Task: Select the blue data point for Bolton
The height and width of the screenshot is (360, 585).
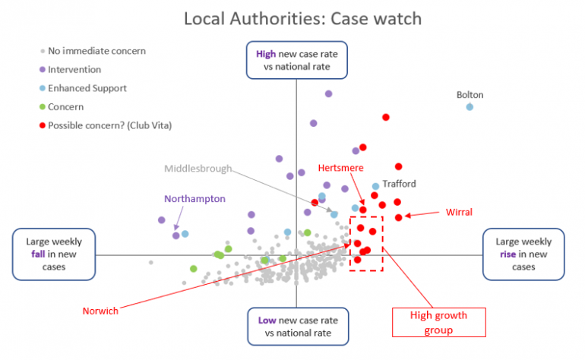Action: (470, 107)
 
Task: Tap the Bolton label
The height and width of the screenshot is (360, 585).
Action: (470, 95)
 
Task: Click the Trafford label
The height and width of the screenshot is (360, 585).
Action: (400, 184)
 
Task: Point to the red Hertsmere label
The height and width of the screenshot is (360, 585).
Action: (340, 167)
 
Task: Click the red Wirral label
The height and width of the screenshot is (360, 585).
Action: (458, 212)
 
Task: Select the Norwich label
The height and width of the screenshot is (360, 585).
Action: (99, 311)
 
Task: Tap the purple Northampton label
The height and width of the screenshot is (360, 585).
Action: (195, 198)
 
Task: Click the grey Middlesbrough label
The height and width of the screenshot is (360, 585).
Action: (198, 169)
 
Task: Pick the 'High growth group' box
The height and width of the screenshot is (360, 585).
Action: (438, 322)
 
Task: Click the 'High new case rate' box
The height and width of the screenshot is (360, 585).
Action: (296, 60)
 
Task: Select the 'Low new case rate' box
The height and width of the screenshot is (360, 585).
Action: (296, 326)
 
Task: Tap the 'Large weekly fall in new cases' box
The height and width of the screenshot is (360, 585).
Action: (54, 254)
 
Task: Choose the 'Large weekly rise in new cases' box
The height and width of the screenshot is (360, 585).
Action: (523, 254)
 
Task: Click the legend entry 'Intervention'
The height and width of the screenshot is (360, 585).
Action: (74, 70)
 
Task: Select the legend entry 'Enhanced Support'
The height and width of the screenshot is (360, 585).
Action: (87, 88)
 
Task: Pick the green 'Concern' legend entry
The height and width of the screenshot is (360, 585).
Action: (65, 107)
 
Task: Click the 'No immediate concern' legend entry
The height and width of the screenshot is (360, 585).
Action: (96, 52)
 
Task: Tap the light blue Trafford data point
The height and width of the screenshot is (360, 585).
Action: (375, 186)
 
